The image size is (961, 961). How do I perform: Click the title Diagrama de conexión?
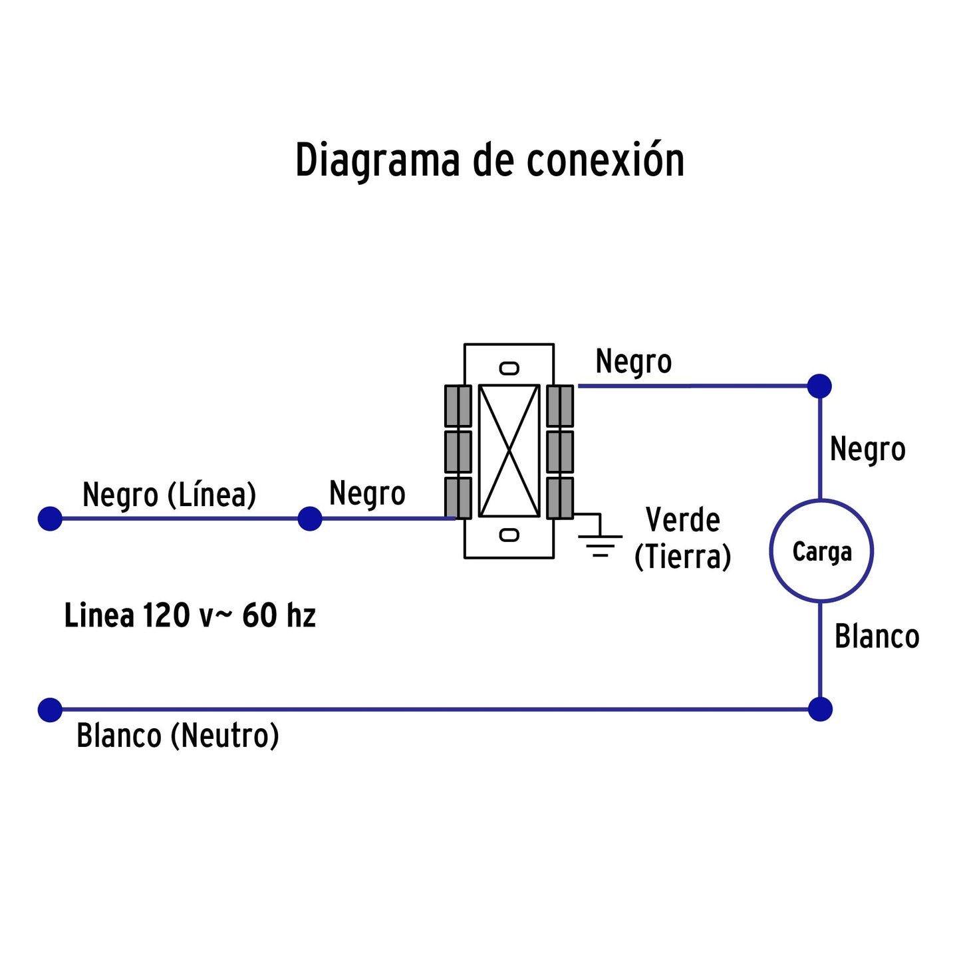click(489, 160)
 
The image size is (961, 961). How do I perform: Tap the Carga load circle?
click(821, 551)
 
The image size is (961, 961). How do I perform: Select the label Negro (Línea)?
click(169, 495)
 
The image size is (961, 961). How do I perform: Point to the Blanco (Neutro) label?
click(178, 736)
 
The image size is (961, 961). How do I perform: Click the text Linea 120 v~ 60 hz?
click(190, 615)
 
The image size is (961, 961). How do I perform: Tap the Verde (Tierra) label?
click(682, 538)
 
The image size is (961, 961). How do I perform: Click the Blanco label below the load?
click(877, 636)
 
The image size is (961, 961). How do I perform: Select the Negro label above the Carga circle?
click(867, 450)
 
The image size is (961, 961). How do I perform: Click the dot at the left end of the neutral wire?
click(50, 710)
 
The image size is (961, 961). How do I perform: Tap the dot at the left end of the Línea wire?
click(50, 519)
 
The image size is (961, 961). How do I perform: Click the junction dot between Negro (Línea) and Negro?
click(309, 519)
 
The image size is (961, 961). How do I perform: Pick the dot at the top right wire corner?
click(819, 386)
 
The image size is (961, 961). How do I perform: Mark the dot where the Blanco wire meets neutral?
click(820, 710)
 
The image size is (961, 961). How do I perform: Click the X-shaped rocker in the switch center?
click(509, 451)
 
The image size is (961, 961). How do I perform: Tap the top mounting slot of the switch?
click(509, 368)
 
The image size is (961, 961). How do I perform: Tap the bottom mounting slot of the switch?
click(509, 535)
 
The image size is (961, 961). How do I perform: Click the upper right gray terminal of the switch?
click(560, 406)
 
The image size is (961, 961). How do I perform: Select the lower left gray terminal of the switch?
click(458, 497)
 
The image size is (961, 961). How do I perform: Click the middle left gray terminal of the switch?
click(458, 452)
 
